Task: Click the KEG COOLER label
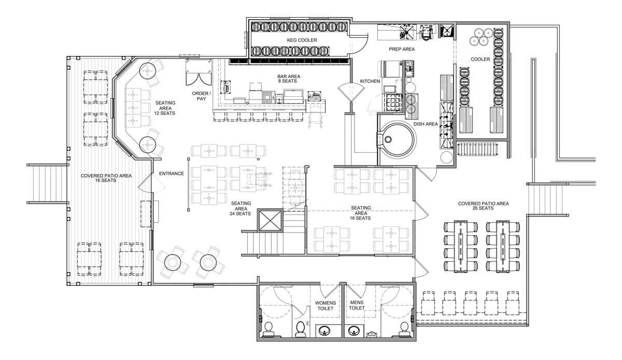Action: click(x=302, y=40)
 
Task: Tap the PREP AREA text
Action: click(x=402, y=49)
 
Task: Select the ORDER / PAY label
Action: click(x=201, y=96)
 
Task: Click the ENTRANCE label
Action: click(x=172, y=174)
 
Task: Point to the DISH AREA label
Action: click(x=426, y=124)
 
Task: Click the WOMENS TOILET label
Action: click(x=325, y=306)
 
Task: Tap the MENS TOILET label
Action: click(x=357, y=305)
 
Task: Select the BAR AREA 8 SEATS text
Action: click(x=289, y=79)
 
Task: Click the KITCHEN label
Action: click(x=370, y=81)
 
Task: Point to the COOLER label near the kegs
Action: click(x=480, y=59)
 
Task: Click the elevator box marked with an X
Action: click(x=270, y=220)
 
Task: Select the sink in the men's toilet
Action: click(x=353, y=330)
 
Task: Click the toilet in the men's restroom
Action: click(x=404, y=329)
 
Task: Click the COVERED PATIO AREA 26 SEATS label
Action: click(x=483, y=206)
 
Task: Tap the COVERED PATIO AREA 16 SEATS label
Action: click(x=106, y=178)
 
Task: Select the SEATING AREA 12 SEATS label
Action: click(x=165, y=108)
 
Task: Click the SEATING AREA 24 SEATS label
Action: click(x=241, y=208)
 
